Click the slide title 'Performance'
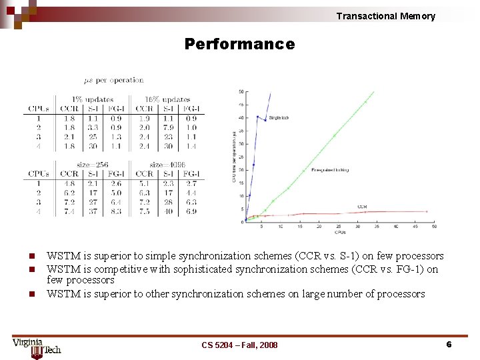[239, 45]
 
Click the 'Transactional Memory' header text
[385, 16]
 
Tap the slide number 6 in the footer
[449, 344]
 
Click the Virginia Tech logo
[36, 347]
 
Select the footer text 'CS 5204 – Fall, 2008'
[239, 345]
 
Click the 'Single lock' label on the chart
[279, 118]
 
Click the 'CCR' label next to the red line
[362, 207]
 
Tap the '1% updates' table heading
[93, 99]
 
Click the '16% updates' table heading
[167, 99]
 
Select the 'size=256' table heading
[93, 165]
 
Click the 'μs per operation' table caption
[113, 80]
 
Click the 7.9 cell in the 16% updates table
[168, 127]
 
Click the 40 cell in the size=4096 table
[168, 211]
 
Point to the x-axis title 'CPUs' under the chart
[340, 232]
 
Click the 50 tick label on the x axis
[434, 227]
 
